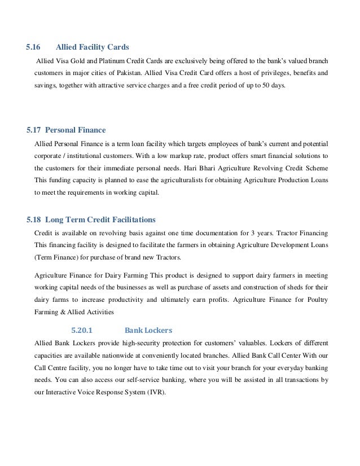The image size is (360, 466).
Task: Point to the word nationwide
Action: click(x=133, y=356)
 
